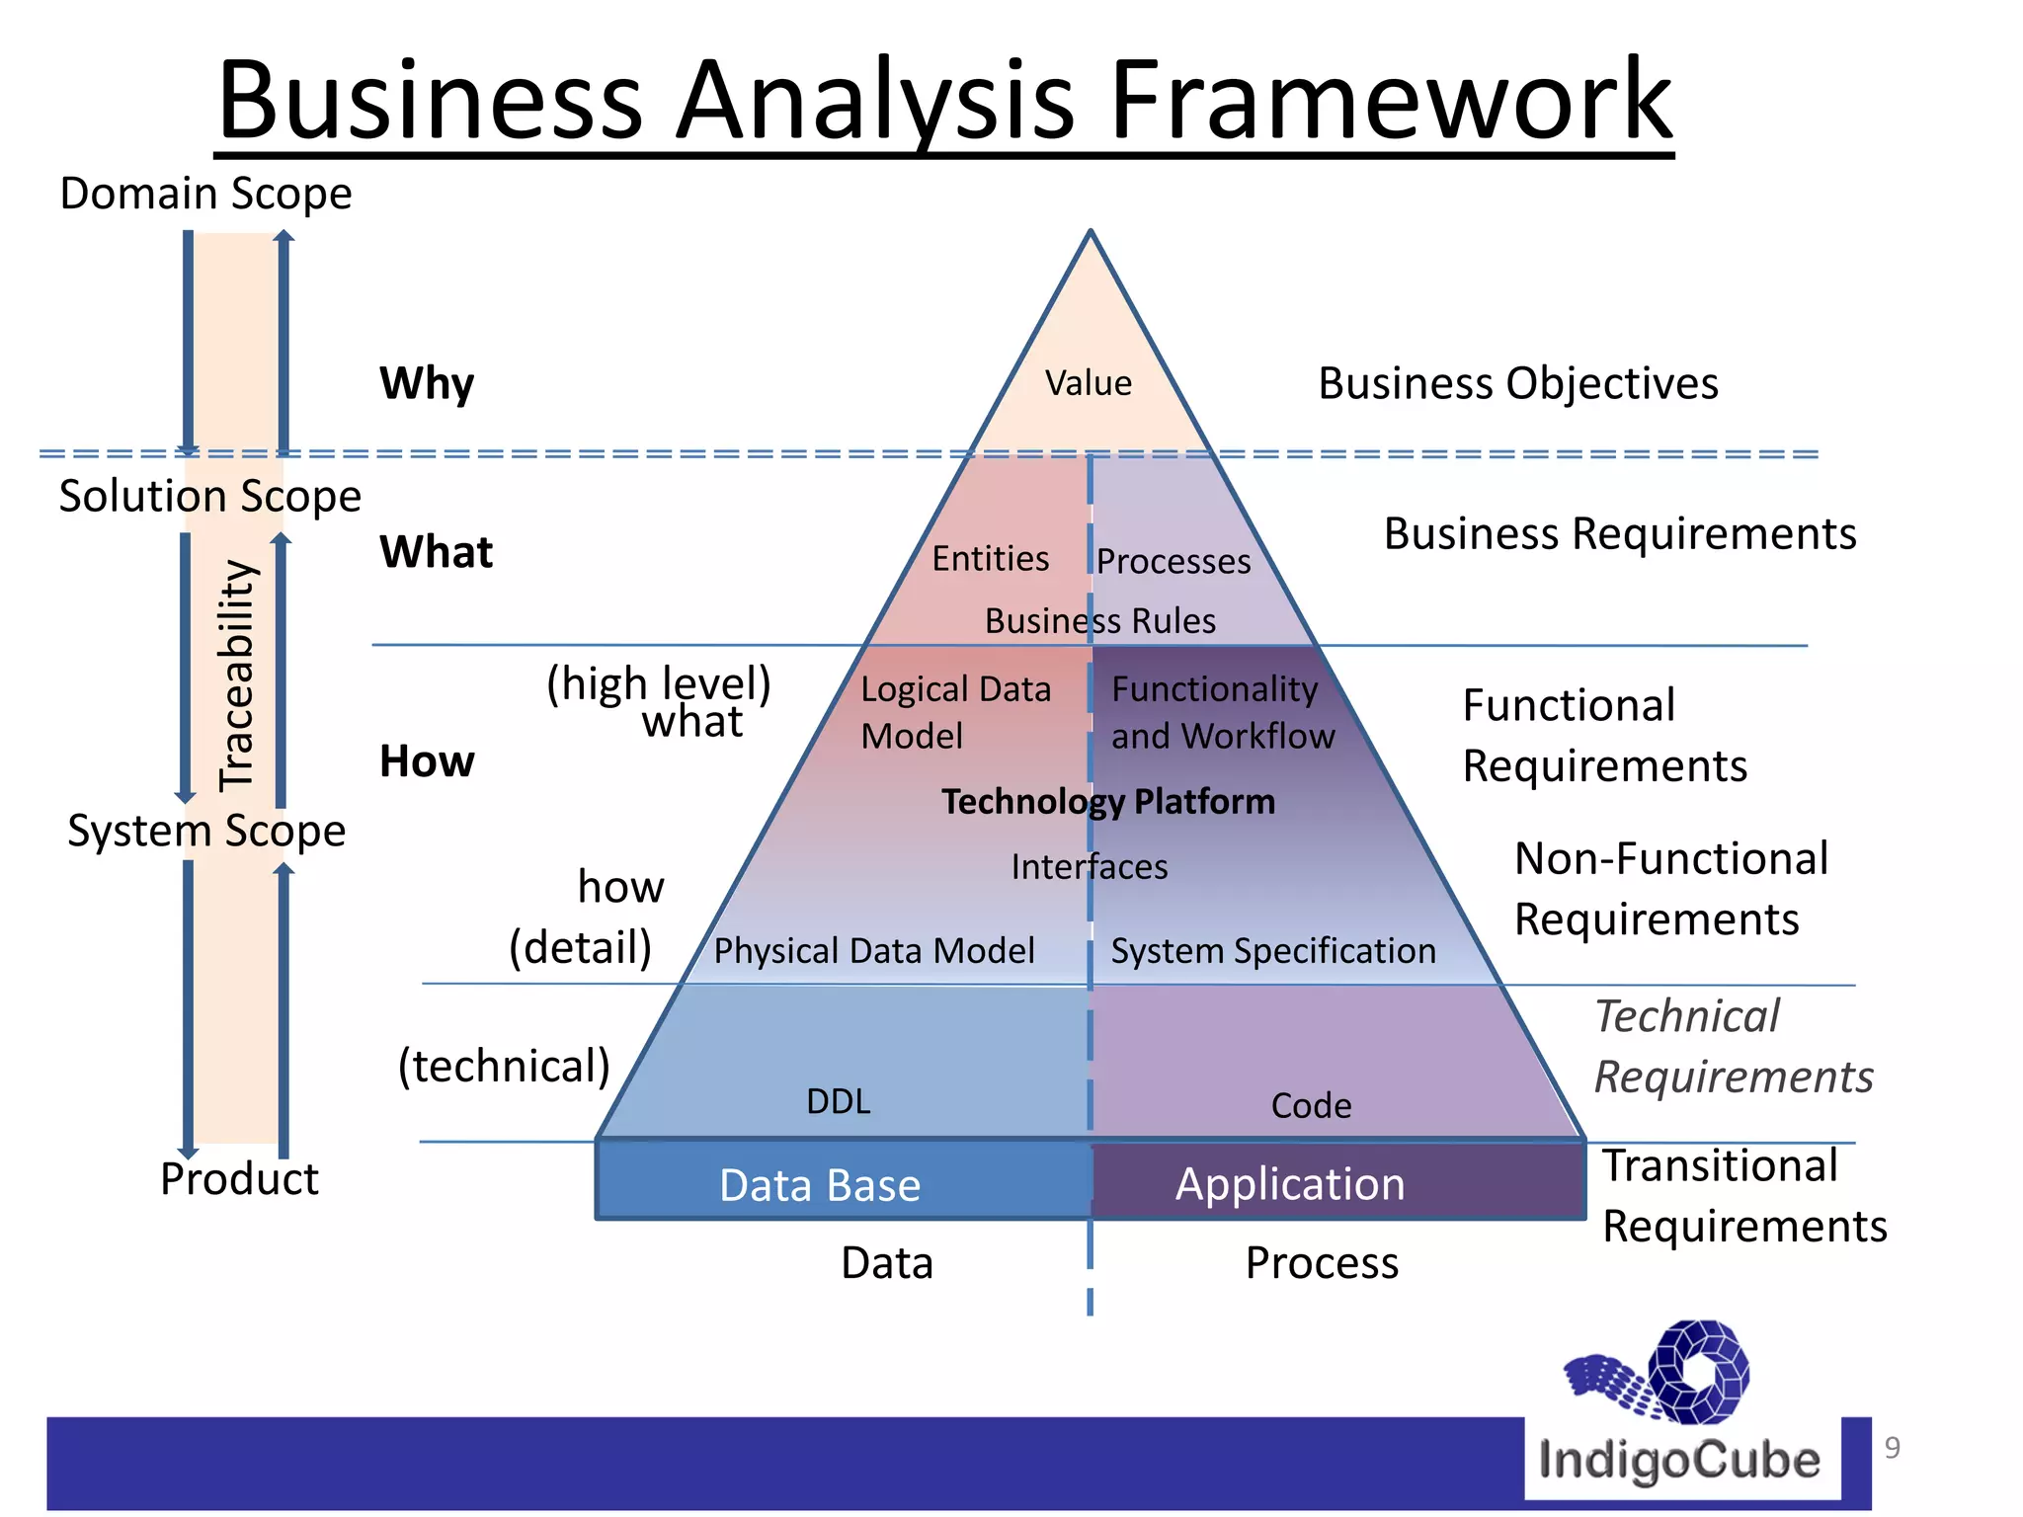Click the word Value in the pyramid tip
click(x=1089, y=383)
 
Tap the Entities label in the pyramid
click(x=990, y=559)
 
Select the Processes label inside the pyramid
click(x=1173, y=561)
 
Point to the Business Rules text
click(x=1099, y=621)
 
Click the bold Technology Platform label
click(x=1108, y=802)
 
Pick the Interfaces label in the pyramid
click(x=1089, y=867)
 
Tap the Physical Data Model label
click(x=874, y=951)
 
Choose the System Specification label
click(x=1273, y=951)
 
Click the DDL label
click(x=839, y=1101)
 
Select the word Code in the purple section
click(x=1311, y=1106)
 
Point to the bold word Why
click(x=427, y=383)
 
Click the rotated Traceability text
click(x=237, y=677)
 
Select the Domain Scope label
click(x=205, y=194)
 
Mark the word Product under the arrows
click(x=239, y=1179)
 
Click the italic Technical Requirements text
click(x=1734, y=1047)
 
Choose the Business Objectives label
click(x=1518, y=383)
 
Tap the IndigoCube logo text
click(x=1679, y=1460)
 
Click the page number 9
click(x=1892, y=1448)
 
